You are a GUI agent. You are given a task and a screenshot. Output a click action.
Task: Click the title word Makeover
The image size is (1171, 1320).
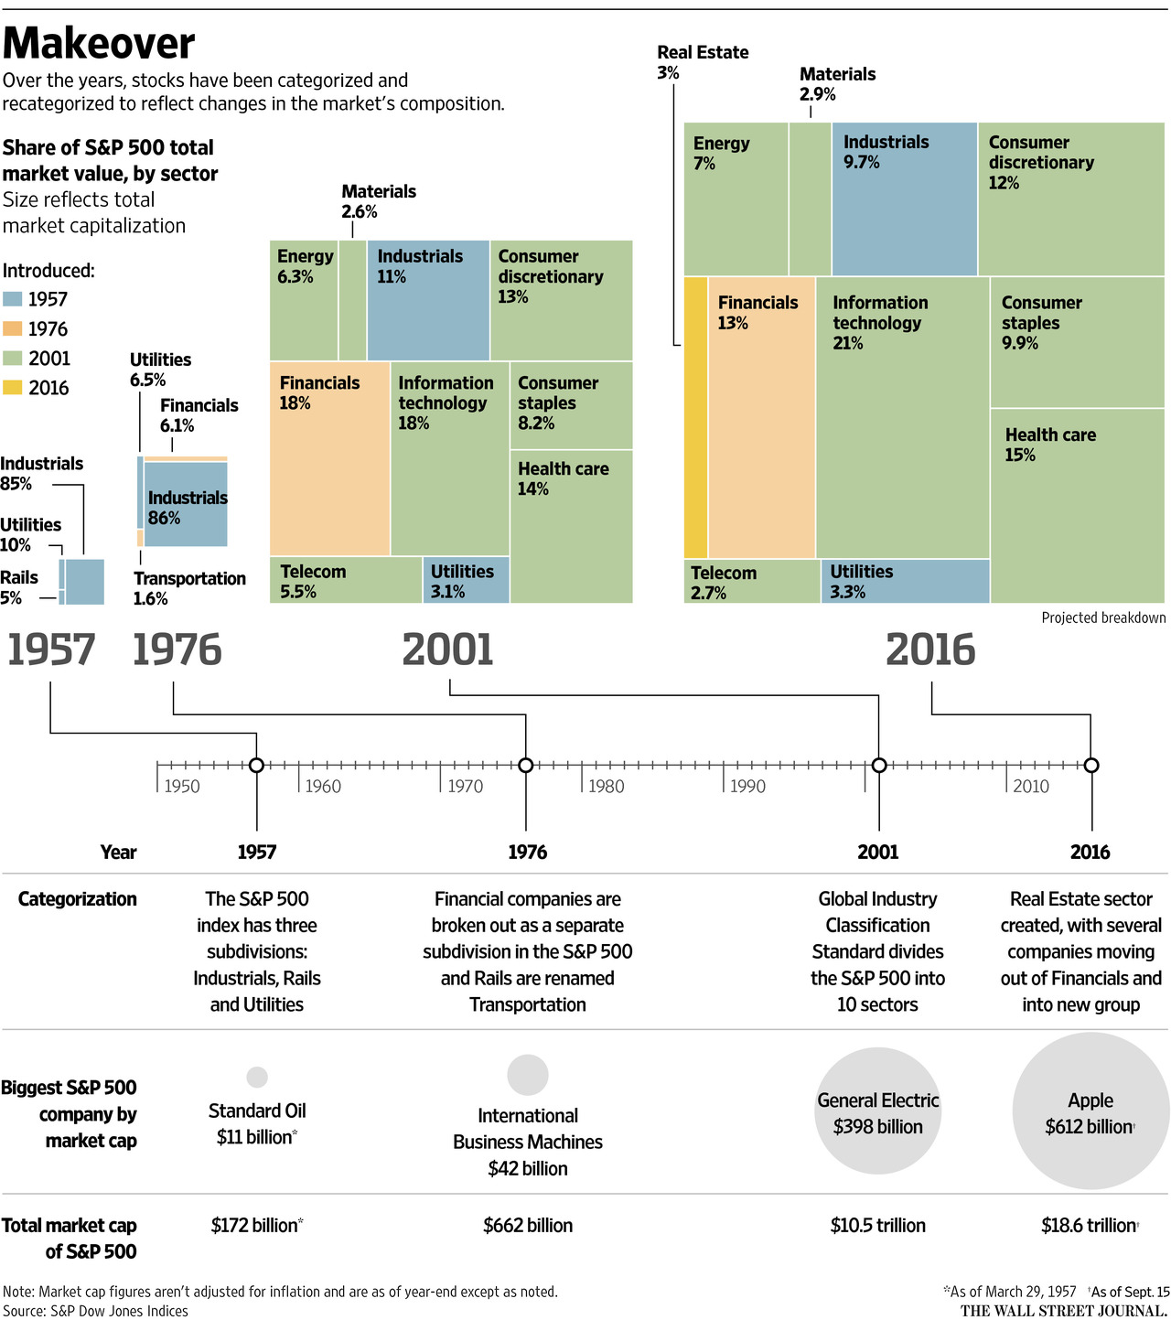[99, 43]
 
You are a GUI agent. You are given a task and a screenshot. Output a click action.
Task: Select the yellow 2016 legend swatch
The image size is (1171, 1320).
[13, 388]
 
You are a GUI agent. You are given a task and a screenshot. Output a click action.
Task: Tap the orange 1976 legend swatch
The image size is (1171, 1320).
[13, 329]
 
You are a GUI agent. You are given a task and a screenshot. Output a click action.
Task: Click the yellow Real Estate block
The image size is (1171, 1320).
[695, 417]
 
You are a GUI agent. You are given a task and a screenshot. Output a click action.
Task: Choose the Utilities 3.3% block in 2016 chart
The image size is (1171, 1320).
[904, 581]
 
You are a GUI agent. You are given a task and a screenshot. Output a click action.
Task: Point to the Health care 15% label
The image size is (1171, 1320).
[1049, 445]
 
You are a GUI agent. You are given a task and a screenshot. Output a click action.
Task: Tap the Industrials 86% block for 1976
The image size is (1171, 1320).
[186, 505]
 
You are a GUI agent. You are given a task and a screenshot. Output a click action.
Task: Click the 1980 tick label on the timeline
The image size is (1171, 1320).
[606, 786]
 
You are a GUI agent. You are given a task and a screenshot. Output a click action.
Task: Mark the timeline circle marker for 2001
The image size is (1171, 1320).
[878, 765]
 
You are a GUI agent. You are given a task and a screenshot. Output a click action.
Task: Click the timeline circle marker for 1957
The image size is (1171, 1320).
[256, 765]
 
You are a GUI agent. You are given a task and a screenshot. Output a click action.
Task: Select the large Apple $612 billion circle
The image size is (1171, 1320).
[1090, 1111]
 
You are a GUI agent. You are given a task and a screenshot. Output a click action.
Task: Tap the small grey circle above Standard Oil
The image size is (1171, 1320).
[257, 1077]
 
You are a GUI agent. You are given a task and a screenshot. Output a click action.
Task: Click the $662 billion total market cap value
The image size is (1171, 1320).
[528, 1226]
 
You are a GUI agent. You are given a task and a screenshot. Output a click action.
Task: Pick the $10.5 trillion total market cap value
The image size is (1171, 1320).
[877, 1226]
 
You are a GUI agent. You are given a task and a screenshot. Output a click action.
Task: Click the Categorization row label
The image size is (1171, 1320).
[77, 899]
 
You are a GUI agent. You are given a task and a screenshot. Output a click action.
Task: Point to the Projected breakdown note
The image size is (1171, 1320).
[1103, 617]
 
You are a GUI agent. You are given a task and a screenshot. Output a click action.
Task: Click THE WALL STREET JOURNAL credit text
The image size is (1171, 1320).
[1064, 1311]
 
